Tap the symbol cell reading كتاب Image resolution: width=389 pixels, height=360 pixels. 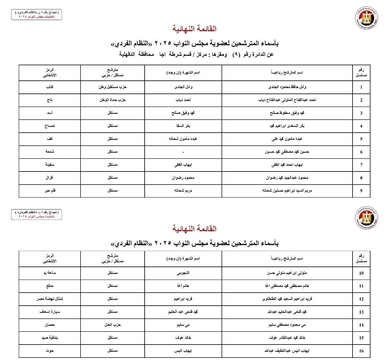click(x=50, y=87)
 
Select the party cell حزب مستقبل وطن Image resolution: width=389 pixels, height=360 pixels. click(x=112, y=87)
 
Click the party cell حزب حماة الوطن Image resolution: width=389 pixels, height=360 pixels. click(x=112, y=100)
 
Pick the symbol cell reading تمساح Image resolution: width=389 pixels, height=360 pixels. click(x=50, y=126)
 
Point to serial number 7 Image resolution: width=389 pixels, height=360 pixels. click(x=361, y=165)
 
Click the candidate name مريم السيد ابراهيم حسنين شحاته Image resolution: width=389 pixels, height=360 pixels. click(x=287, y=191)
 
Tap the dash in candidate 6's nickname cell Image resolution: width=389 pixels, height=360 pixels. click(x=183, y=152)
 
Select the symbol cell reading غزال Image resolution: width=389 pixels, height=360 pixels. click(x=50, y=178)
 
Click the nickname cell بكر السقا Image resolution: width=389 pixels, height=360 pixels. click(x=183, y=126)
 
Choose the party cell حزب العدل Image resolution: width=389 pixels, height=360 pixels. click(x=112, y=325)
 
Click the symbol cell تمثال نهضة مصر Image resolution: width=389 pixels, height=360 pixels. click(x=50, y=299)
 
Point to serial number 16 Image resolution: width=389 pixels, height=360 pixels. click(x=361, y=351)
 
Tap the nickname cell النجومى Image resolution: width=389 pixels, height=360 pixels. click(x=183, y=273)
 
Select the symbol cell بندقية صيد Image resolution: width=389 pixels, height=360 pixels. click(x=50, y=338)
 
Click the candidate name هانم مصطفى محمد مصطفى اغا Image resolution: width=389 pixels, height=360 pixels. click(x=287, y=286)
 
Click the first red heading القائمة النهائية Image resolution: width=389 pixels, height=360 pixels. click(x=194, y=29)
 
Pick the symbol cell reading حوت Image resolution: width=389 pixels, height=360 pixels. click(x=50, y=351)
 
